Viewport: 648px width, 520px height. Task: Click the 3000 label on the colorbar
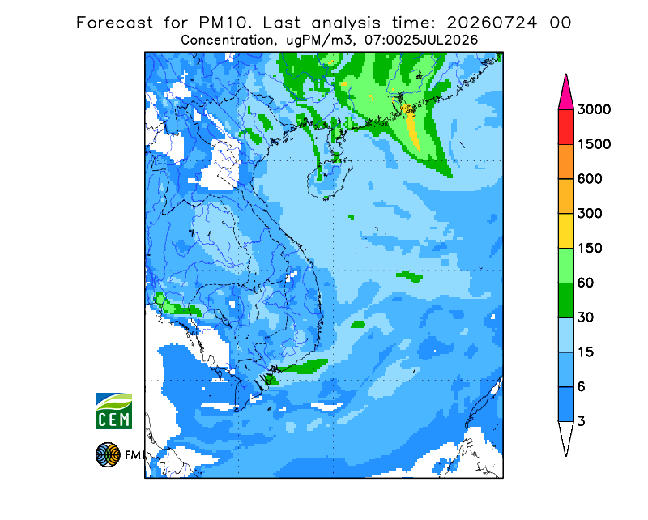(594, 109)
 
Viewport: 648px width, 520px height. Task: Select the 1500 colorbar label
(594, 144)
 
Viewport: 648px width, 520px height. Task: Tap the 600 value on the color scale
(590, 179)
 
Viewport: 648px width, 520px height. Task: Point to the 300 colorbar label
(590, 214)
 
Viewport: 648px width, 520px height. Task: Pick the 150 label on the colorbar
(590, 249)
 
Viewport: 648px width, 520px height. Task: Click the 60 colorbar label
(586, 283)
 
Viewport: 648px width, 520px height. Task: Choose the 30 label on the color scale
(586, 318)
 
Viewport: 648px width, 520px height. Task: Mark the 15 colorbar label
(586, 352)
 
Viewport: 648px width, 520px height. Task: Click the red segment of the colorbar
(565, 127)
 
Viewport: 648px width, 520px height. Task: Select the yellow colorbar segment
(565, 231)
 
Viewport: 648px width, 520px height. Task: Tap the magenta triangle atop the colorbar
(565, 94)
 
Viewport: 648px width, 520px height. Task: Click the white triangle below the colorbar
(565, 436)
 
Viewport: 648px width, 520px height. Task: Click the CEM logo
(113, 411)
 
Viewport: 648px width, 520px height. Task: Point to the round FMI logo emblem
(108, 454)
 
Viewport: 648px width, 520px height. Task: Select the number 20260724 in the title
(492, 23)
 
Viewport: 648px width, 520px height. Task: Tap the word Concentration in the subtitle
(227, 40)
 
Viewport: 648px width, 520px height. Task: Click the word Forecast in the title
(114, 23)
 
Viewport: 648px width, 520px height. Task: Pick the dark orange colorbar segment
(565, 162)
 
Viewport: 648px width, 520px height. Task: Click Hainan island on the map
(330, 179)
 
